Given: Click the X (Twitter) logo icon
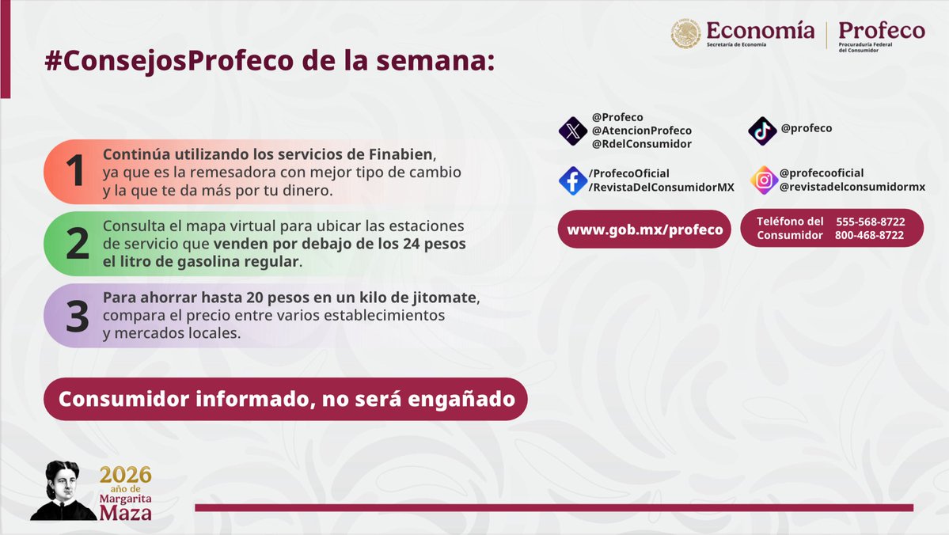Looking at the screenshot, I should pyautogui.click(x=572, y=131).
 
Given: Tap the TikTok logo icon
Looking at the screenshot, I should pyautogui.click(x=762, y=131).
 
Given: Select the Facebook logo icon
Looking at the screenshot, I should pyautogui.click(x=572, y=180).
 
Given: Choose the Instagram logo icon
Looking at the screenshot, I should pyautogui.click(x=764, y=180).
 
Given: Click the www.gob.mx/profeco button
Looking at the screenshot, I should pyautogui.click(x=644, y=230).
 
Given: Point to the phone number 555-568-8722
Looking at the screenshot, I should pyautogui.click(x=870, y=222).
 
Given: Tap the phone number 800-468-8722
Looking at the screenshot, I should pyautogui.click(x=869, y=235).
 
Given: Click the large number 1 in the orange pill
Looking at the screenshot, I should pyautogui.click(x=76, y=172).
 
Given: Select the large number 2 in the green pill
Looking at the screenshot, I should pyautogui.click(x=77, y=244).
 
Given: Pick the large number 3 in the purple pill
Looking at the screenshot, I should pyautogui.click(x=77, y=316).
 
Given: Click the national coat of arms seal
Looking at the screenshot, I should pyautogui.click(x=685, y=34).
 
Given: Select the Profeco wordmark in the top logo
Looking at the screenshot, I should pyautogui.click(x=881, y=30).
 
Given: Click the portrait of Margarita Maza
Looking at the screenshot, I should pyautogui.click(x=63, y=491).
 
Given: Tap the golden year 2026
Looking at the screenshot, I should pyautogui.click(x=125, y=476).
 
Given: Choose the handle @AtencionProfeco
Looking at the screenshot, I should pyautogui.click(x=641, y=131).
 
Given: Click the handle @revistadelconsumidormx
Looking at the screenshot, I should pyautogui.click(x=852, y=187).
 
